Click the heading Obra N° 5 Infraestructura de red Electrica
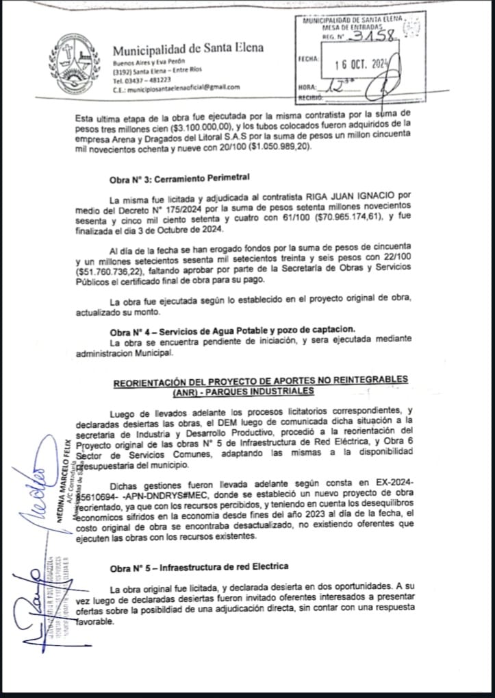click(199, 567)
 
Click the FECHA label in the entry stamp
click(309, 60)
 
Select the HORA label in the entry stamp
click(308, 87)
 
